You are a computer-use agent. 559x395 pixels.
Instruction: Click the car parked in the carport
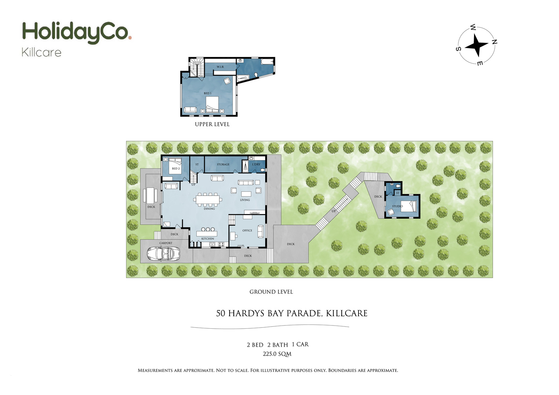coord(163,254)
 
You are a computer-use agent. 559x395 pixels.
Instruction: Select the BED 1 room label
coord(208,93)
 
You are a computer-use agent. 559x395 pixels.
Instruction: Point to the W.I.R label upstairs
coord(220,67)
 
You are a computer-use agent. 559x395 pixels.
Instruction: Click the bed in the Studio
coord(409,206)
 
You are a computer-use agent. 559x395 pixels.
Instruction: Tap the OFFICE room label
coord(247,231)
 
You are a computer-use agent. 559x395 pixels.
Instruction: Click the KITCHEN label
coord(208,239)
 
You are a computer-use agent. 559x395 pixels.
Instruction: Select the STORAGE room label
coord(223,164)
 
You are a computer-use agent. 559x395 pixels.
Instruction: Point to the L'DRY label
coord(256,164)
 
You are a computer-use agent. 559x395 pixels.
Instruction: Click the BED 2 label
coord(176,169)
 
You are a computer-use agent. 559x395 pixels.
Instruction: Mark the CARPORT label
coord(166,243)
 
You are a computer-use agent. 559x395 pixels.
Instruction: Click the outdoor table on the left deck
coord(151,196)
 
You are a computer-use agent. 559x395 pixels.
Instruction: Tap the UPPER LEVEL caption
coord(212,124)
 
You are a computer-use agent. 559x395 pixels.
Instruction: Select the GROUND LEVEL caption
coord(271,292)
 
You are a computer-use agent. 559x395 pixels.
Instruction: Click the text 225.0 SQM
coord(277,354)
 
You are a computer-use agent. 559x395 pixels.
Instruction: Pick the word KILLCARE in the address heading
coord(347,313)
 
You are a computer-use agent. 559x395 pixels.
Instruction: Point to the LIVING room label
coord(245,200)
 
